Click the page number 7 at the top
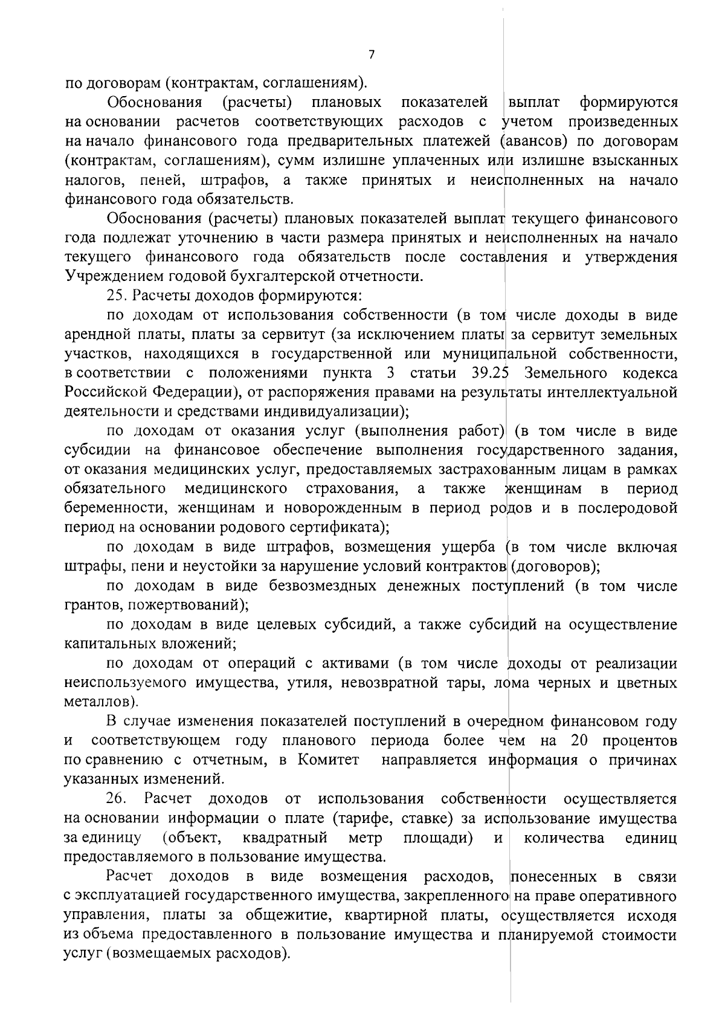[x=372, y=55]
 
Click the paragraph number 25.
[x=115, y=296]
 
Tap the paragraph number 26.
[x=115, y=799]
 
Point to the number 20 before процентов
[x=579, y=741]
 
